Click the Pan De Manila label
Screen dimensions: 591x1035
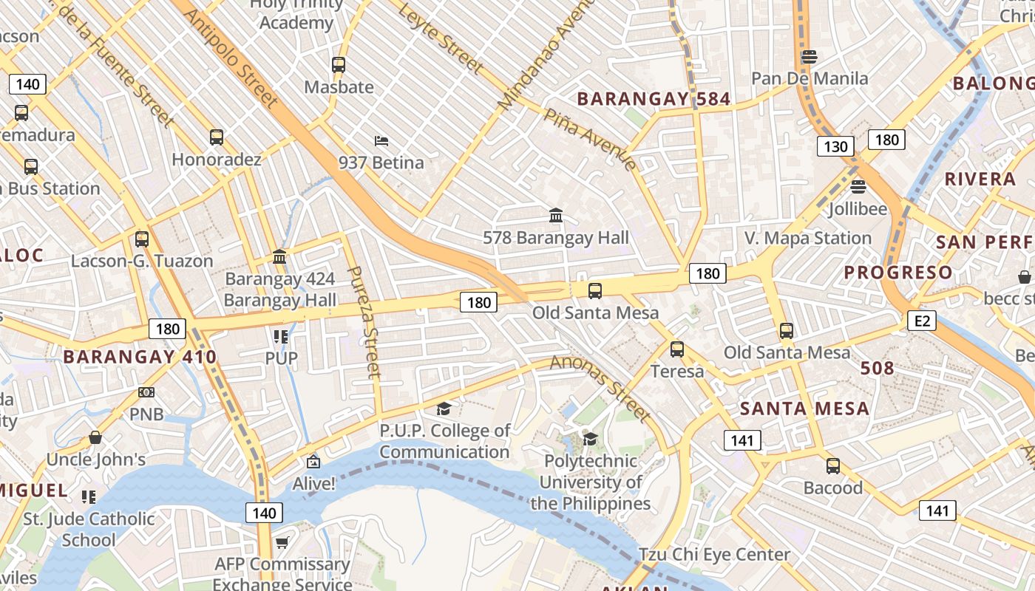pyautogui.click(x=810, y=78)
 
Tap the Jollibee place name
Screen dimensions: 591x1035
pyautogui.click(x=858, y=209)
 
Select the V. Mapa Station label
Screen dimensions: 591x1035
pyautogui.click(x=808, y=238)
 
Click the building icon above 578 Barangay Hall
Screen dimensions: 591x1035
pyautogui.click(x=556, y=216)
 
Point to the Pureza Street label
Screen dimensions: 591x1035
pyautogui.click(x=364, y=322)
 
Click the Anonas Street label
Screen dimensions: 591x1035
pyautogui.click(x=600, y=388)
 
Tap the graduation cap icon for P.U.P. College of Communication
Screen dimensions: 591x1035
pyautogui.click(x=444, y=409)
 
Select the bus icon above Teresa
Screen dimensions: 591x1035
pyautogui.click(x=677, y=349)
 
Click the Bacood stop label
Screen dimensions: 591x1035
pyautogui.click(x=833, y=488)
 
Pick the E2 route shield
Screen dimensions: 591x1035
pyautogui.click(x=923, y=321)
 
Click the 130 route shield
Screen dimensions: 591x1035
pyautogui.click(x=835, y=146)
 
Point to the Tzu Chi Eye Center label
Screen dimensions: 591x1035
pyautogui.click(x=714, y=554)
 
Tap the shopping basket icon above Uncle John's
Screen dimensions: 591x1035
pyautogui.click(x=95, y=437)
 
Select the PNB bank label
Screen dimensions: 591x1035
pyautogui.click(x=146, y=414)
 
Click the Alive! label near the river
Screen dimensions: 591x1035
pyautogui.click(x=314, y=484)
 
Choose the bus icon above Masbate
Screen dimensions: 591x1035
pyautogui.click(x=339, y=65)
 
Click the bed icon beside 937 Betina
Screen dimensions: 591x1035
pyautogui.click(x=381, y=140)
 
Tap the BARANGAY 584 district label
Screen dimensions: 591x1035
pyautogui.click(x=654, y=99)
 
